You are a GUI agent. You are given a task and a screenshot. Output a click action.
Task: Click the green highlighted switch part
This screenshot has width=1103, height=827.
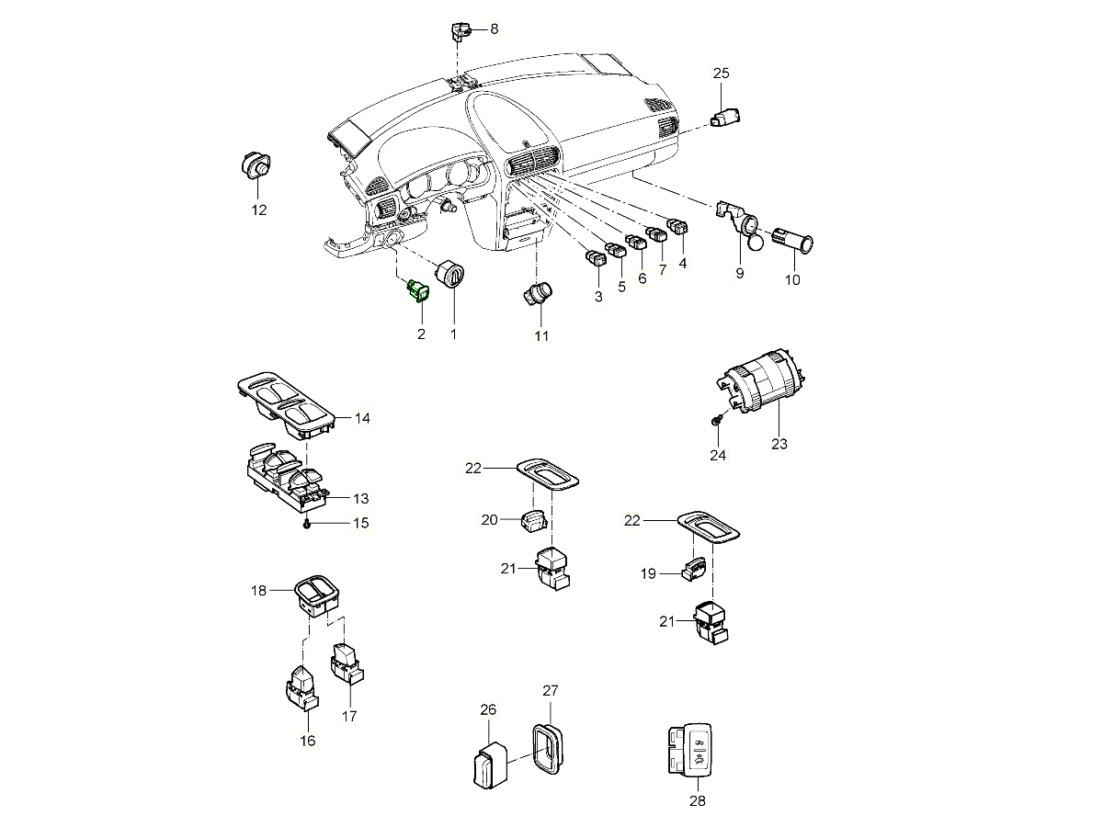click(418, 290)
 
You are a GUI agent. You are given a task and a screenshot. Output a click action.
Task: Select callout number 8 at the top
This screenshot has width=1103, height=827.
click(494, 28)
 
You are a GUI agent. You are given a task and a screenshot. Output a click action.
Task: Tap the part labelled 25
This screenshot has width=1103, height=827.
click(727, 118)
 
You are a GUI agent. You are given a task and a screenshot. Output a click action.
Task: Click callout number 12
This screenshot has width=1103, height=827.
click(259, 210)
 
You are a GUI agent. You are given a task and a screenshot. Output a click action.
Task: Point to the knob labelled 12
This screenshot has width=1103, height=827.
click(255, 165)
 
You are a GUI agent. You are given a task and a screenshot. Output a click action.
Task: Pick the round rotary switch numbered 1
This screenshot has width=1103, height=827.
click(452, 274)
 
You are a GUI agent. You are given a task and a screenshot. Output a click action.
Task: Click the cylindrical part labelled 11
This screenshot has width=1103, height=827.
click(536, 295)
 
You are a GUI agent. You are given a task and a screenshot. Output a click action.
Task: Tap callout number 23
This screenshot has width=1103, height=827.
click(779, 444)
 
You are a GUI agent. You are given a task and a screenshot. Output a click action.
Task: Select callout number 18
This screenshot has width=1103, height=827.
click(259, 590)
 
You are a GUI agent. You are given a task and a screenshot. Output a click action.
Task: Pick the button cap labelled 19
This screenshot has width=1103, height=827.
click(694, 570)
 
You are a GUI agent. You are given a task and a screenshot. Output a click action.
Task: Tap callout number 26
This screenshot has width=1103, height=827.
click(488, 708)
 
